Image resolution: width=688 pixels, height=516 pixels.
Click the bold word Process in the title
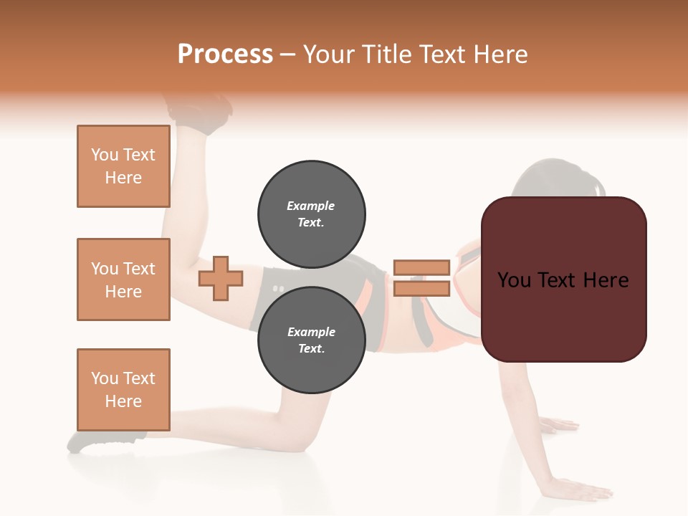point(225,54)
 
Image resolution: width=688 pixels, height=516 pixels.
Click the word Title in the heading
point(386,54)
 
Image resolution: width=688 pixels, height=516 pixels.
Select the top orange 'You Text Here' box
point(123,166)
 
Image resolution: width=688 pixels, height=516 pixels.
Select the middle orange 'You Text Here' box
point(123,279)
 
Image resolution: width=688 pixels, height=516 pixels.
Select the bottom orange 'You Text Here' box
point(123,390)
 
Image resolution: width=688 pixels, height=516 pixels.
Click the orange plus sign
point(220,278)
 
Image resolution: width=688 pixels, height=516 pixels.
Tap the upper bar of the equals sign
point(421,267)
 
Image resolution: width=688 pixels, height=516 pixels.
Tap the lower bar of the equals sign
point(421,288)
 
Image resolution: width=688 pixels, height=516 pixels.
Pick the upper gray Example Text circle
point(311,214)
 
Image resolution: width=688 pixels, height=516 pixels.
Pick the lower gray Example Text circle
point(311,340)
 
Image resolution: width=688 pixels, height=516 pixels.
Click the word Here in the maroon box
point(606,280)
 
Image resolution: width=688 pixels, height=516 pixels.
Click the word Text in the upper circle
point(310,222)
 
